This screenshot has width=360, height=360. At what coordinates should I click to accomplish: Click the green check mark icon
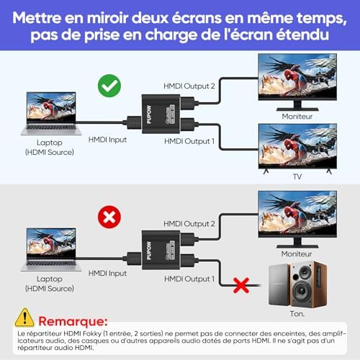[109, 86]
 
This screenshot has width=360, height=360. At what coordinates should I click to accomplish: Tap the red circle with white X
[109, 217]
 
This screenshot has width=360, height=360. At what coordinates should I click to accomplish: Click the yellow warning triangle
[24, 318]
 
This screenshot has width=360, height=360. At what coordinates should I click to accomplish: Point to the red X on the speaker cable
[241, 285]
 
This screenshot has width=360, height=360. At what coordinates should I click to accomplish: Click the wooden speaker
[308, 284]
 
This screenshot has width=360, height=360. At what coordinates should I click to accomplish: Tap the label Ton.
[297, 314]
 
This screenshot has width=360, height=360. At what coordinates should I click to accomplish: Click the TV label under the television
[297, 176]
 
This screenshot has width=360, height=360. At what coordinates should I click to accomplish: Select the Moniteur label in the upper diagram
[297, 117]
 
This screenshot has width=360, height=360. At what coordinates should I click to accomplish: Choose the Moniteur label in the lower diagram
[297, 254]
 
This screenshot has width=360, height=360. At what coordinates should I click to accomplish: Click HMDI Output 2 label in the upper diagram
[189, 86]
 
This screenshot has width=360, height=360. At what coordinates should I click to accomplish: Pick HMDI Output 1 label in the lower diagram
[189, 279]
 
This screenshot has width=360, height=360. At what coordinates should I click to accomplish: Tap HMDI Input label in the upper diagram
[107, 140]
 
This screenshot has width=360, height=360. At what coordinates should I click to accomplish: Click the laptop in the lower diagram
[51, 250]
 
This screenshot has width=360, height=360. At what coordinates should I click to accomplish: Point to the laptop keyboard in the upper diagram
[51, 128]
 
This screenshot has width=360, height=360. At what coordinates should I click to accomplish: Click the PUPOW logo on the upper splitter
[149, 114]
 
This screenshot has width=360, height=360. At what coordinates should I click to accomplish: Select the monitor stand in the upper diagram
[297, 106]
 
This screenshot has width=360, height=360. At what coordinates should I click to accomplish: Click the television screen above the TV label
[297, 145]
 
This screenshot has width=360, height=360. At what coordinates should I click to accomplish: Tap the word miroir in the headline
[108, 18]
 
